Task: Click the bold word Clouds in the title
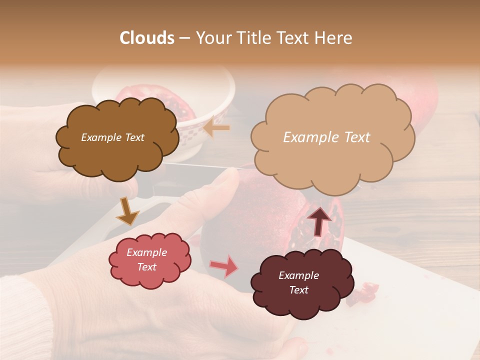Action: click(x=147, y=38)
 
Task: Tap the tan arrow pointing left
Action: click(x=216, y=127)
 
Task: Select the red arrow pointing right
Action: click(x=223, y=266)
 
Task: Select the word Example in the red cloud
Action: click(x=146, y=252)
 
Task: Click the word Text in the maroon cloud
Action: click(x=298, y=290)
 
